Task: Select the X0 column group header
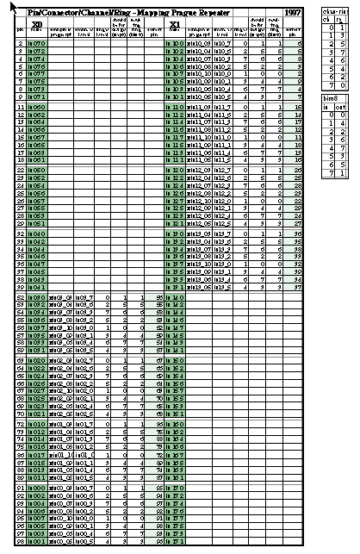[36, 23]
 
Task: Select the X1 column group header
[174, 23]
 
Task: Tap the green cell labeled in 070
[37, 42]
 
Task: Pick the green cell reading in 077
[37, 73]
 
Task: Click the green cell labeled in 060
[37, 106]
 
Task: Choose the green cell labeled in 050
[37, 170]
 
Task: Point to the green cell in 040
[37, 233]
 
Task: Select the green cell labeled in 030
[37, 297]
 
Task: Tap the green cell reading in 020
[37, 360]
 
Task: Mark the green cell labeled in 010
[37, 424]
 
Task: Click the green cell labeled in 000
[37, 488]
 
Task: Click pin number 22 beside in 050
[20, 170]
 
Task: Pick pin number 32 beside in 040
[20, 233]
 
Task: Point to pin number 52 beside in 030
[20, 297]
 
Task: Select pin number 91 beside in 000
[20, 488]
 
